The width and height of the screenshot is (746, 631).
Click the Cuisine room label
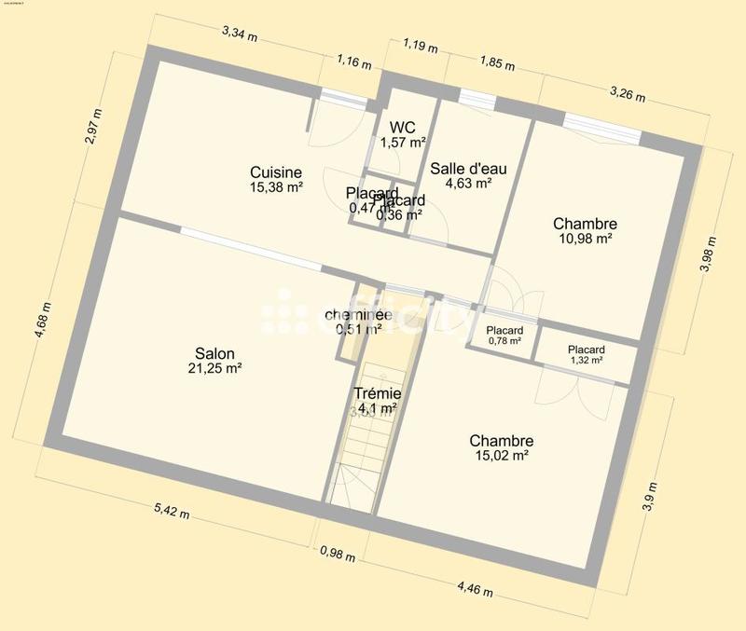(276, 171)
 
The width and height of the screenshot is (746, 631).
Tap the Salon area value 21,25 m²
(214, 369)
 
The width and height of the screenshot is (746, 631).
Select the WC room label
(403, 127)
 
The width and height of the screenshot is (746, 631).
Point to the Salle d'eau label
(468, 169)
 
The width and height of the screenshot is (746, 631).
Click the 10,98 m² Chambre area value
(584, 239)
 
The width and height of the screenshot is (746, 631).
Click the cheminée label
(358, 314)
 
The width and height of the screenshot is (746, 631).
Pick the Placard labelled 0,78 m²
(504, 331)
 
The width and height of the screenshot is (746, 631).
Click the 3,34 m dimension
(240, 34)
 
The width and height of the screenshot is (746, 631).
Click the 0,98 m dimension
(337, 555)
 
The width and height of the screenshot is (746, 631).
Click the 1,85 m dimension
(496, 64)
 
